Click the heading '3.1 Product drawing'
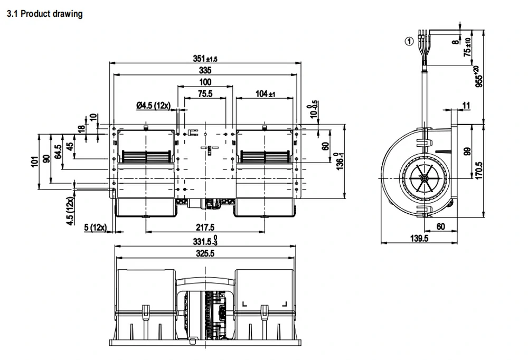pos(44,14)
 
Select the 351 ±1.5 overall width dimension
pos(205,59)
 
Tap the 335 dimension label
pos(205,70)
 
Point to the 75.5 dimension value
pos(205,93)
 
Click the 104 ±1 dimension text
pos(265,93)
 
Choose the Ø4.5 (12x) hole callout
pos(153,106)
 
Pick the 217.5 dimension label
pos(205,228)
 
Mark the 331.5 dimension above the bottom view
pos(205,241)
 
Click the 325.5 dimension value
pos(205,253)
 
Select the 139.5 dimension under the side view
pos(419,239)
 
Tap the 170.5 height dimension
pos(479,170)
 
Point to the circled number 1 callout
pos(409,41)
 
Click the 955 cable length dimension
pos(478,77)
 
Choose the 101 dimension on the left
pos(35,162)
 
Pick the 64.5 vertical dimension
pos(58,151)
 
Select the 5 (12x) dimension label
pos(95,228)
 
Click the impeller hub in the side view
pos(423,178)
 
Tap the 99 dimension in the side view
pos(467,151)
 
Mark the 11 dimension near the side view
pos(466,106)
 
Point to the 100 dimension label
pos(205,82)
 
